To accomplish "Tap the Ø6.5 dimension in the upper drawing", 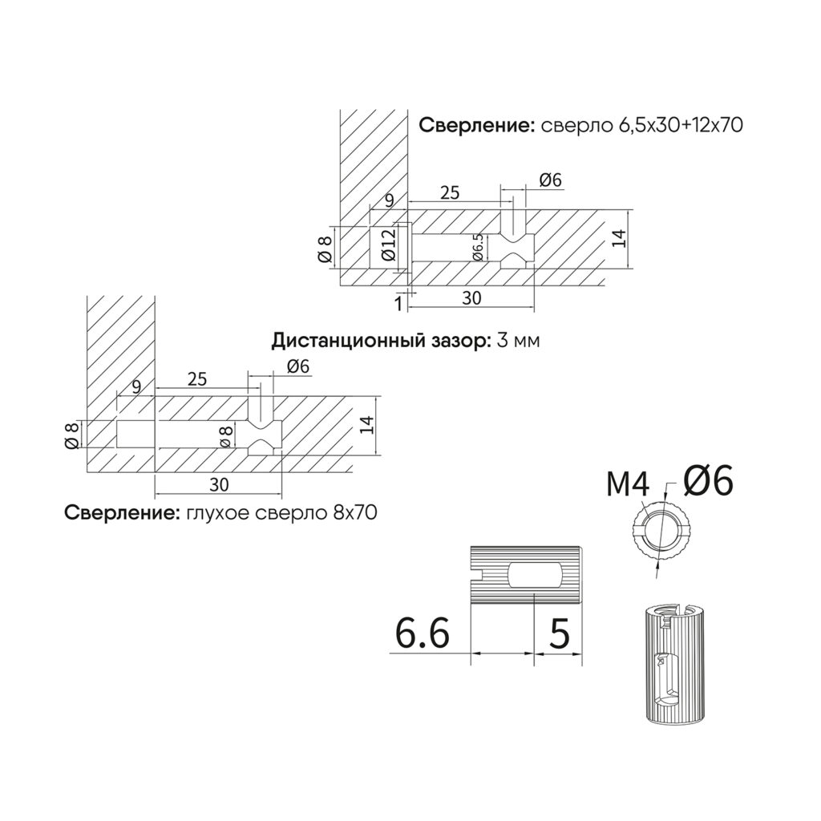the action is tap(478, 248).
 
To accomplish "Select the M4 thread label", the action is tap(628, 484).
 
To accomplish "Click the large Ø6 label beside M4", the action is tap(708, 481).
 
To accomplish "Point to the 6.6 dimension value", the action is tap(423, 633).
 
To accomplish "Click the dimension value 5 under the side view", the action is tap(560, 633).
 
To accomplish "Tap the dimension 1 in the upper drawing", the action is tap(398, 303).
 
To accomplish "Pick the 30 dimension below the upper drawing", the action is tap(471, 298).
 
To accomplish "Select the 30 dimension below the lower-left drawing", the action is tap(219, 485).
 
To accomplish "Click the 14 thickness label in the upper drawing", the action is tap(619, 239).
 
